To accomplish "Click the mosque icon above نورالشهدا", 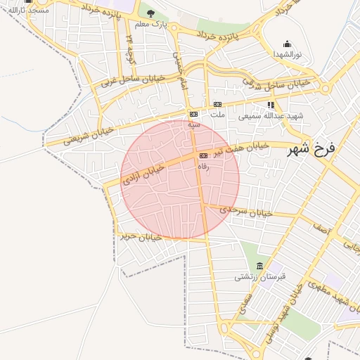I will (287, 44).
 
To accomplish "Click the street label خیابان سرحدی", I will (245, 210).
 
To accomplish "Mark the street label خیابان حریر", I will (141, 237).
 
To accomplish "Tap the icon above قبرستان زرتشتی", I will (260, 266).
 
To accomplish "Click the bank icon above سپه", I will (193, 114).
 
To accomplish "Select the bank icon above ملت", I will (218, 104).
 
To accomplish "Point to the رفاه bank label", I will (204, 166).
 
